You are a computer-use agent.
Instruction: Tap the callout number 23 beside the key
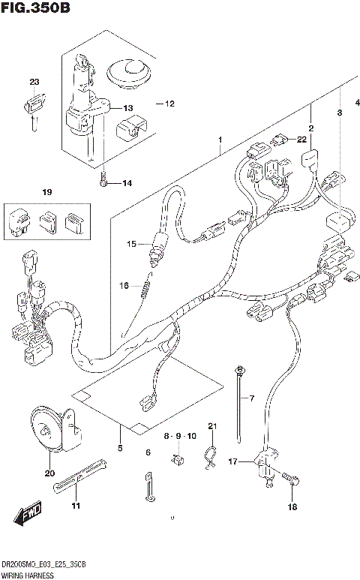click(x=34, y=82)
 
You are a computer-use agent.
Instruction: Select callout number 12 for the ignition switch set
click(x=169, y=104)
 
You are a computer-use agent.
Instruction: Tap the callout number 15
click(x=132, y=244)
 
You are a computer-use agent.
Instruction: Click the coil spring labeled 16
click(x=147, y=285)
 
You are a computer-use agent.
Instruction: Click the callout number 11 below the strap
click(x=75, y=506)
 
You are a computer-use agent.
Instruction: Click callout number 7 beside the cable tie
click(x=252, y=398)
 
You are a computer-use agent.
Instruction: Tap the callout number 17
click(x=233, y=461)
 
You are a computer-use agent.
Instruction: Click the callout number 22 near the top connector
click(x=301, y=139)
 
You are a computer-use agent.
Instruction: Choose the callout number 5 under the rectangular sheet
click(x=119, y=448)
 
